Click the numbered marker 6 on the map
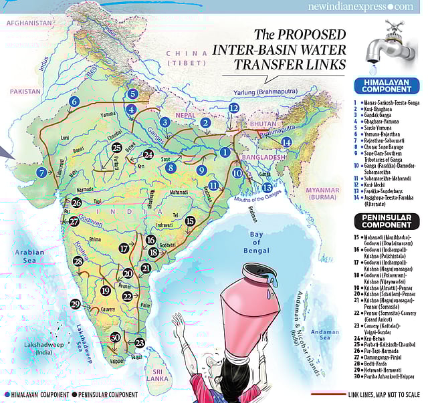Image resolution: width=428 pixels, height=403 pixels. pos(74,101)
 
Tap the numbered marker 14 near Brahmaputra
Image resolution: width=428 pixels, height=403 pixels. pos(286,142)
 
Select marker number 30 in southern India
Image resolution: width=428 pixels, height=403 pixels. pos(115,338)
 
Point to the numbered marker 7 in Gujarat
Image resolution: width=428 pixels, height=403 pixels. pos(41,172)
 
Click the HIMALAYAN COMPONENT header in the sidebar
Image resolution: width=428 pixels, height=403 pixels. pos(387,86)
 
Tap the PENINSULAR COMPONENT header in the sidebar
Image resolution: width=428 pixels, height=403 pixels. pos(387,221)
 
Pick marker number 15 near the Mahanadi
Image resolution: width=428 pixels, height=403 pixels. pos(190,220)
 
